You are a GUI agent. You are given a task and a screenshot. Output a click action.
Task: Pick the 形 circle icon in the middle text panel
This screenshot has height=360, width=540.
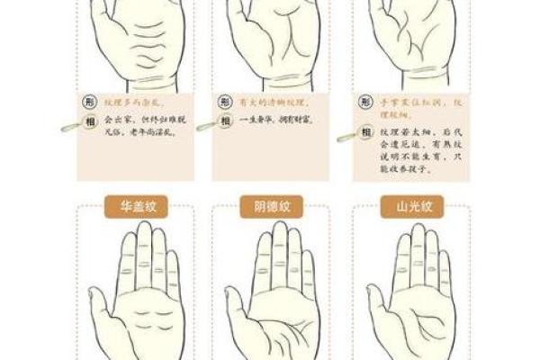[x=226, y=103]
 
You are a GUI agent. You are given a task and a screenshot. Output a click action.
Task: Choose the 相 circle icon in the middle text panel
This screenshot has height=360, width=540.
[x=226, y=119]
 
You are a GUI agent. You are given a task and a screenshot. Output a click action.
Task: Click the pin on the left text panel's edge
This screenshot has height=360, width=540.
[x=68, y=128]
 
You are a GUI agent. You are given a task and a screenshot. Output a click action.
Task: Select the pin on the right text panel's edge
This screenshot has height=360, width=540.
[x=347, y=137]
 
